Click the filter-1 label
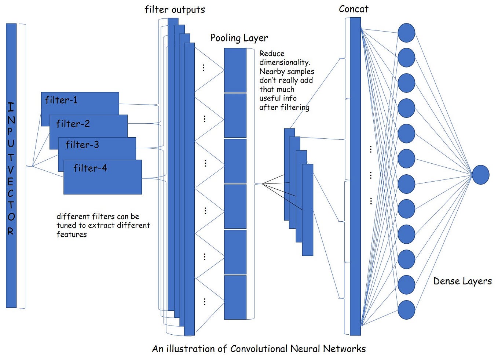(x=61, y=100)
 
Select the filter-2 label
(x=73, y=124)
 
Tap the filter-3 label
(x=82, y=145)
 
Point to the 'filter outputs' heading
(x=175, y=10)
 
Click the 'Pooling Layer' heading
(x=239, y=38)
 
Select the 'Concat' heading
(x=354, y=9)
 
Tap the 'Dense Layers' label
(x=462, y=281)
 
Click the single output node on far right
(x=480, y=175)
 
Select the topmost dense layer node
(x=406, y=33)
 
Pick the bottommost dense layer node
(x=406, y=310)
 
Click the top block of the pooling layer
(x=235, y=70)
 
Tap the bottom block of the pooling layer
(x=235, y=297)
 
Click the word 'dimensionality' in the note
(x=284, y=62)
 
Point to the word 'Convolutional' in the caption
(x=259, y=349)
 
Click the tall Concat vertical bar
(x=355, y=176)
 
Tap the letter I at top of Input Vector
(x=11, y=107)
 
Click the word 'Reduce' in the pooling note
(x=272, y=54)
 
